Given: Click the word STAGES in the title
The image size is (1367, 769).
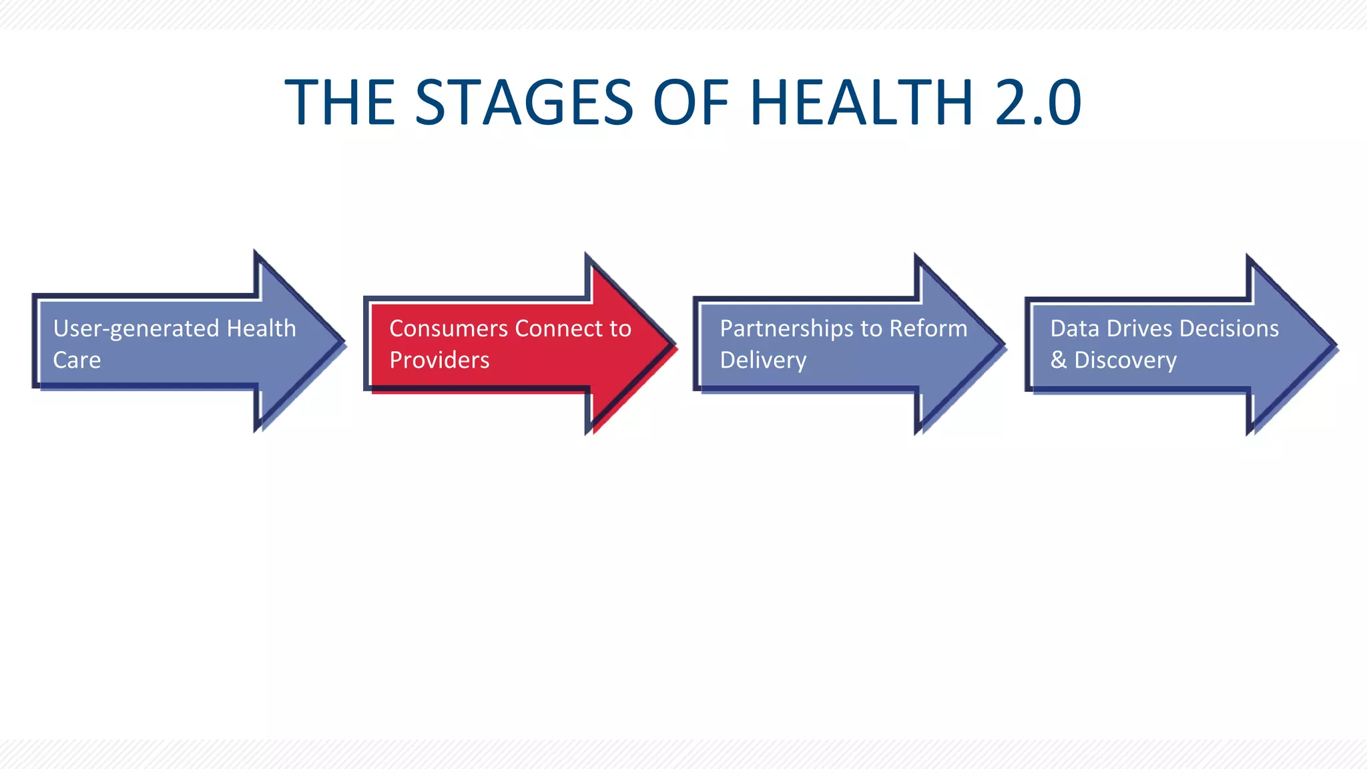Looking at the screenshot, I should coord(524,103).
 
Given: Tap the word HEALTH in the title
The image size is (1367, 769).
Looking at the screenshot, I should coord(862,103).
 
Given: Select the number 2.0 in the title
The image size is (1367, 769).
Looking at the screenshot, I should coord(1038,103).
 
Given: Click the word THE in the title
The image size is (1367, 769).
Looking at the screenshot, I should coord(340,103).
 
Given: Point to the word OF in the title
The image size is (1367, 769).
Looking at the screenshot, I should coord(691,103).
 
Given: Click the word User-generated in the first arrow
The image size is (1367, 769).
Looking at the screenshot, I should coord(136,329).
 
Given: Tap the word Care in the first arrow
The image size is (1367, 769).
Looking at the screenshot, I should coord(77,360).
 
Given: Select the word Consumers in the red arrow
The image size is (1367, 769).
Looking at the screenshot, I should coord(449,328).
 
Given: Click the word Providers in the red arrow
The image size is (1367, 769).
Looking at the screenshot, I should coord(439,360).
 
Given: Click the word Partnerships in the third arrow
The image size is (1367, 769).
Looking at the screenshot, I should coord(787,329).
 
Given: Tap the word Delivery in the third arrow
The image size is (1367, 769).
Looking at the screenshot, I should coord(763,360).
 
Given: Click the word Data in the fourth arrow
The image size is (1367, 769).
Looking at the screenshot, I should coord(1075,328).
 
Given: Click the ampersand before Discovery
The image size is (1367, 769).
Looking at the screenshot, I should coord(1059,360).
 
